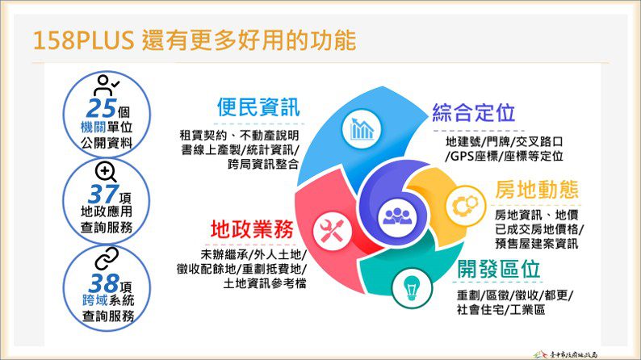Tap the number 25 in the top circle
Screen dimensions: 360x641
[x=101, y=107]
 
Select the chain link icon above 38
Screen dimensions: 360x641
[x=107, y=259]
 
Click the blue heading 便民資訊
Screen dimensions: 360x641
[x=258, y=107]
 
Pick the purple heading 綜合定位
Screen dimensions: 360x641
[x=473, y=112]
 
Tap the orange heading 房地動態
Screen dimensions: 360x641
[x=536, y=190]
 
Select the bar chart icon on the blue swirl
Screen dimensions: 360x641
[x=362, y=128]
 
